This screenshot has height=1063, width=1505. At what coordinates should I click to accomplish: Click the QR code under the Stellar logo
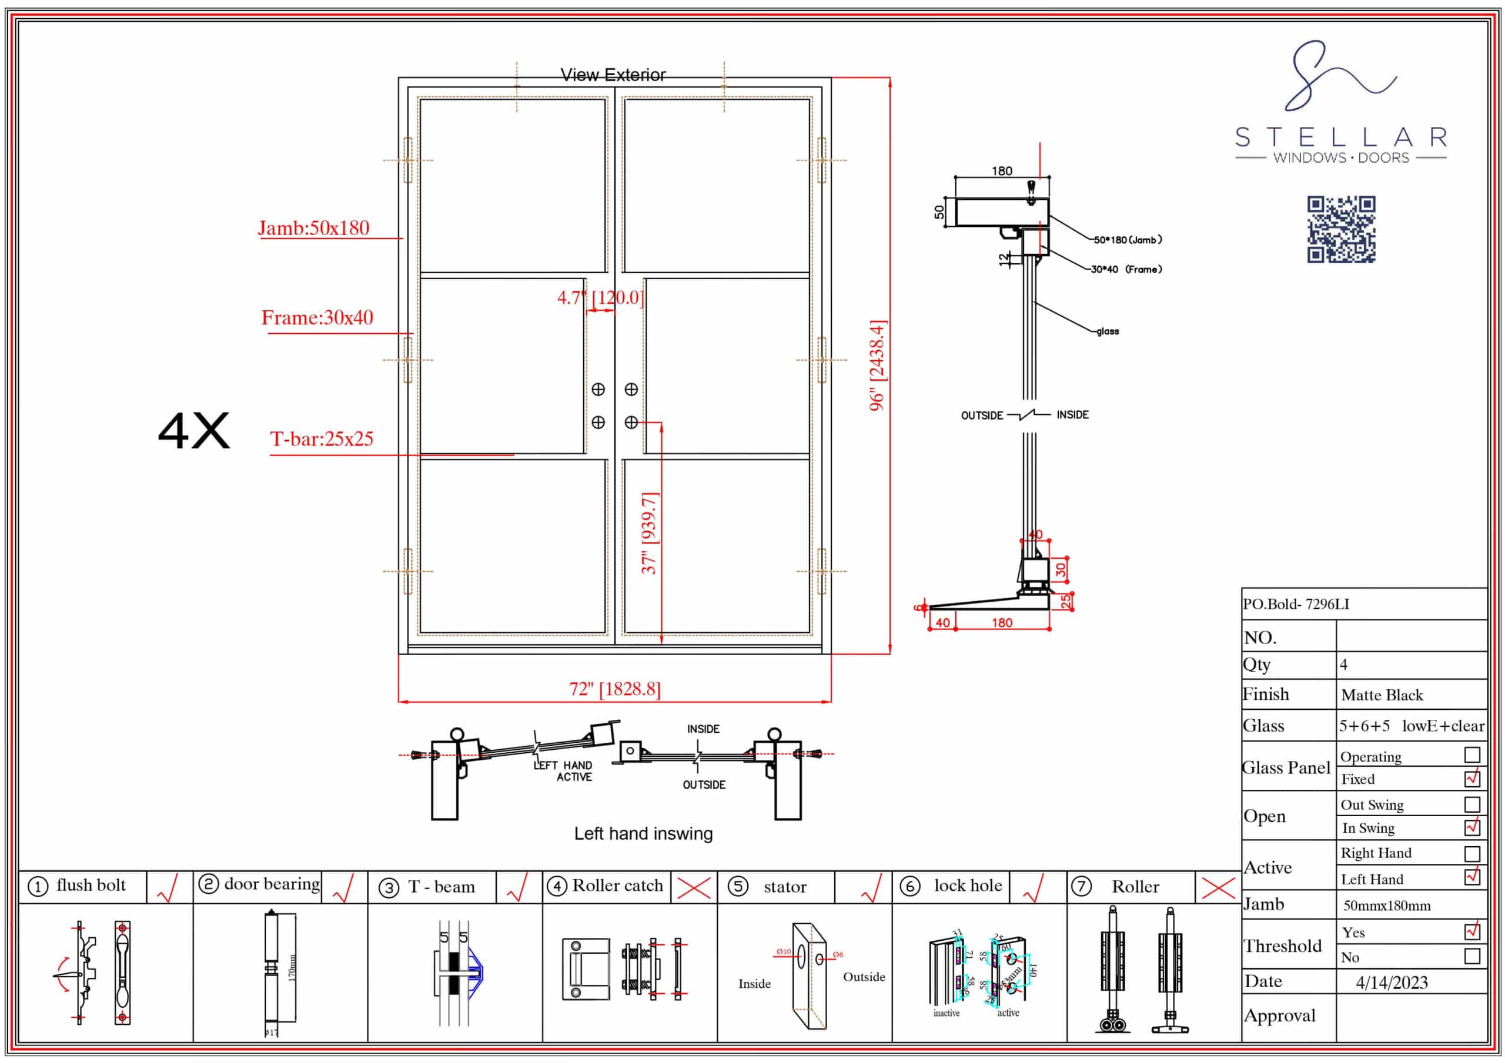[1341, 229]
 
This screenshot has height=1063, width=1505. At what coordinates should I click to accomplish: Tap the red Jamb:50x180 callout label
[313, 228]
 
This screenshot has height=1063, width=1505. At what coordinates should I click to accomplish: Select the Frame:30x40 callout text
[317, 318]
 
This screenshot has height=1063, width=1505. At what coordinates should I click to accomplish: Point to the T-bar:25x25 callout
[321, 439]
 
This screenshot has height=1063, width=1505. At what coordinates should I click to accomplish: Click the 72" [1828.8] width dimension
[614, 689]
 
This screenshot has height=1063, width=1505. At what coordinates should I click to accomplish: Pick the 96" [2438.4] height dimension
[877, 365]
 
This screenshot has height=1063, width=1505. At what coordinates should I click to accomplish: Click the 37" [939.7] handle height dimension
[649, 533]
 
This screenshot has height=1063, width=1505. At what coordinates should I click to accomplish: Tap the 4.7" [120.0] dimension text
[600, 298]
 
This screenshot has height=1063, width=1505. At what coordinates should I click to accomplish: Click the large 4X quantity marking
[194, 431]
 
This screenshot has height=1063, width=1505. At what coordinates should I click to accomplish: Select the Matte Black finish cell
[1382, 695]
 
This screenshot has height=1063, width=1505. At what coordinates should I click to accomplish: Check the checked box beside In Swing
[1472, 827]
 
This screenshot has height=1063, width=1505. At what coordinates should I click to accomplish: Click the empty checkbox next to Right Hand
[1472, 853]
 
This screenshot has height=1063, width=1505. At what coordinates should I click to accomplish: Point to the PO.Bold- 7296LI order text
[1296, 604]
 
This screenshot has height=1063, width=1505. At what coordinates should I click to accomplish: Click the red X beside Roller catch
[694, 888]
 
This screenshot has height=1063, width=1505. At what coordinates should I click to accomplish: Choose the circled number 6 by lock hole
[910, 887]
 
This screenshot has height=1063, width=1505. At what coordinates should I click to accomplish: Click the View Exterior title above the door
[613, 75]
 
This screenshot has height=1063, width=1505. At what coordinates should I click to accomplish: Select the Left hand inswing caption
[643, 834]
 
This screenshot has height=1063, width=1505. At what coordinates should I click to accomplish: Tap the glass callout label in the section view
[1108, 331]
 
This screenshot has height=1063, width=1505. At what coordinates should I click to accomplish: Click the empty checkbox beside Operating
[1472, 755]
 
